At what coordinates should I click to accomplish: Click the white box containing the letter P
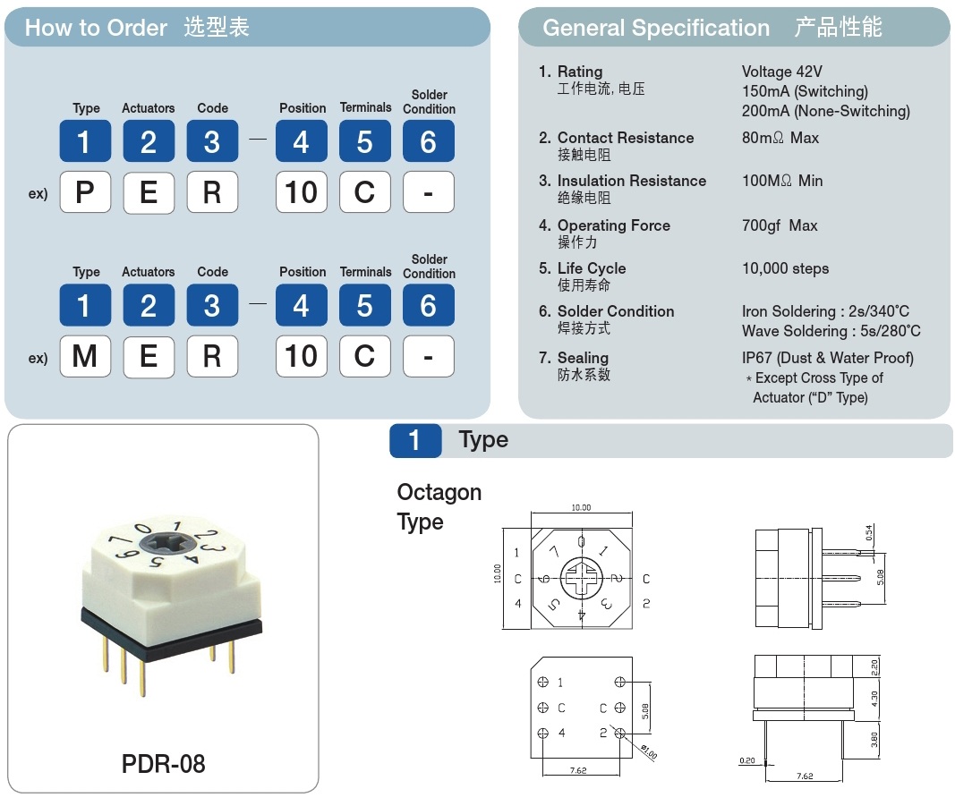pos(85,192)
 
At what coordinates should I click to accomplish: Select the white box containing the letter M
pos(85,356)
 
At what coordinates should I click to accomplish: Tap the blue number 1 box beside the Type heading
pos(415,440)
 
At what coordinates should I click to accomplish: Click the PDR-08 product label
pos(163,764)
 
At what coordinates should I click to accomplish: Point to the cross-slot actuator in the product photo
pos(175,545)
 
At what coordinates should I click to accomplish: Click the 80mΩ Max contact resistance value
pos(780,138)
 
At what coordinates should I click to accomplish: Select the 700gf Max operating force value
pos(780,225)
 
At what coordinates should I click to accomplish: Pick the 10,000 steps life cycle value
pos(785,268)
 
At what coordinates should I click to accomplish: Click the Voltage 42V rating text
pos(781,72)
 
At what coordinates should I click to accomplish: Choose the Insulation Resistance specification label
pos(631,181)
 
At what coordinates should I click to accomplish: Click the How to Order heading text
pos(96,28)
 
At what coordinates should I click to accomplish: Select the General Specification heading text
pos(655,28)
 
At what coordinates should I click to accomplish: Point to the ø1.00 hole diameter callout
pos(648,751)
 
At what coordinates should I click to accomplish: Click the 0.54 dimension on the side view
pos(867,533)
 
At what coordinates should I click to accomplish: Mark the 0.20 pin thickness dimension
pos(747,760)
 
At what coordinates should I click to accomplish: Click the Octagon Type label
pos(439,506)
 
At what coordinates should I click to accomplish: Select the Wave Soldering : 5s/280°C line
pos(831,331)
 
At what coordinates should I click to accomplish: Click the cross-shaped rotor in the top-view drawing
pos(582,579)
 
